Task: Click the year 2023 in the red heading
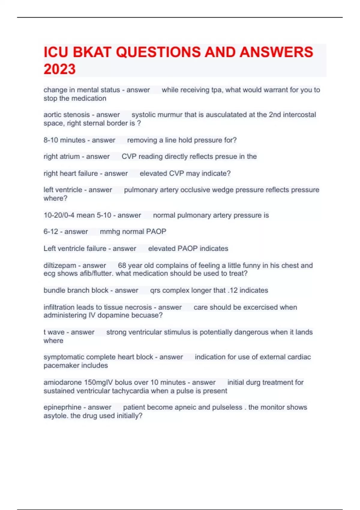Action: click(x=59, y=69)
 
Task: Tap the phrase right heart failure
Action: click(x=70, y=173)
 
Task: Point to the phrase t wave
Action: click(x=54, y=332)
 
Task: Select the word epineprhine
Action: click(x=62, y=407)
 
